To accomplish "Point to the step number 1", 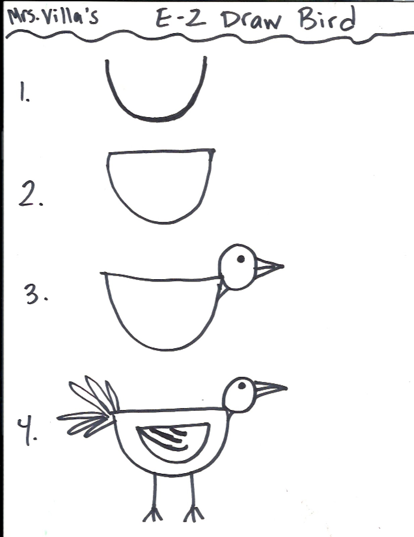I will pyautogui.click(x=24, y=92).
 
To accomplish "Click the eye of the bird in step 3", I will pyautogui.click(x=241, y=259).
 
